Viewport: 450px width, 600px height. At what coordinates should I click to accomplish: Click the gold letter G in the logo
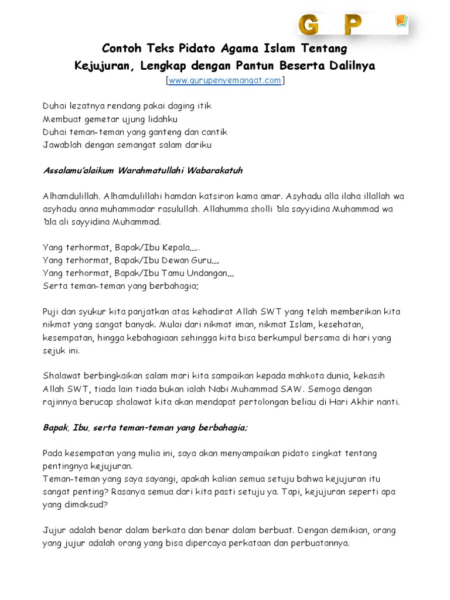coord(309,25)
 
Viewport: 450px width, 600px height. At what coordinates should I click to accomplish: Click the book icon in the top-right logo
coord(400,23)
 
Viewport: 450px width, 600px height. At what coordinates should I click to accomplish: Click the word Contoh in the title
coord(121,47)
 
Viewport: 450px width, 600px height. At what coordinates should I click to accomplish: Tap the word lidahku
coord(152,119)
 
